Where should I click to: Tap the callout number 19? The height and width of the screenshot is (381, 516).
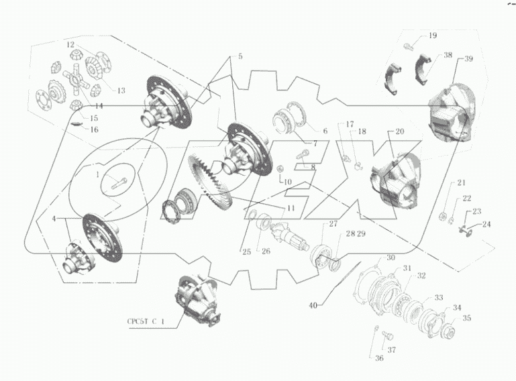(x=432, y=36)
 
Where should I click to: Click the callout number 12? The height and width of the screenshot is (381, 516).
(x=70, y=44)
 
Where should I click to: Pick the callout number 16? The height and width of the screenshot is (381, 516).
(x=94, y=129)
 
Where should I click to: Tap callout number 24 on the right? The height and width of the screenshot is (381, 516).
(x=486, y=225)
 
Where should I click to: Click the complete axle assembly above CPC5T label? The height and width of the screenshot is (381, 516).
(x=197, y=301)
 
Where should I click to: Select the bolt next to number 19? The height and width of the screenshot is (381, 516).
(x=409, y=46)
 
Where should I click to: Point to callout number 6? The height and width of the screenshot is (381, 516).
(x=325, y=131)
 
